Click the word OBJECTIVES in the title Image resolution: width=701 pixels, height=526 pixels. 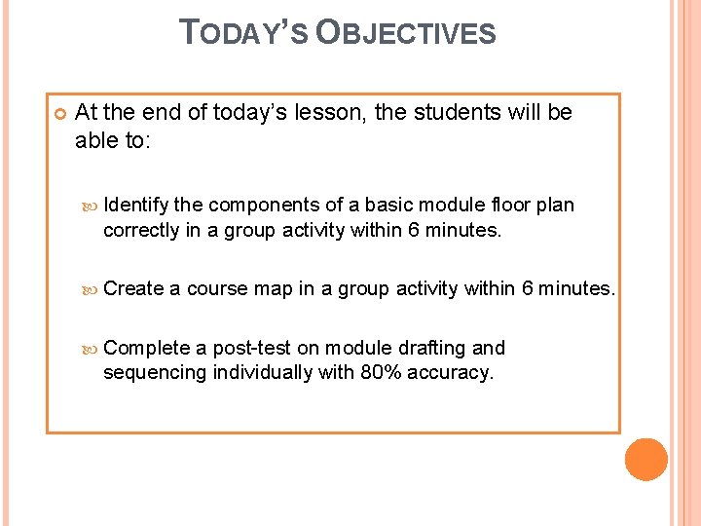pyautogui.click(x=406, y=34)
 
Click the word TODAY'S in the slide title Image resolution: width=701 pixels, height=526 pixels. pyautogui.click(x=245, y=34)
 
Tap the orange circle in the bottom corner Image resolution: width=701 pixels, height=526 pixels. pyautogui.click(x=646, y=460)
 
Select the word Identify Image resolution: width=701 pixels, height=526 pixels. pyautogui.click(x=136, y=205)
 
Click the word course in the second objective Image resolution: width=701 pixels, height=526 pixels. pyautogui.click(x=217, y=288)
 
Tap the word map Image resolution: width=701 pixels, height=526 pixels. pyautogui.click(x=273, y=288)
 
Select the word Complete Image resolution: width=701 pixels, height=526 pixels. pyautogui.click(x=146, y=348)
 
